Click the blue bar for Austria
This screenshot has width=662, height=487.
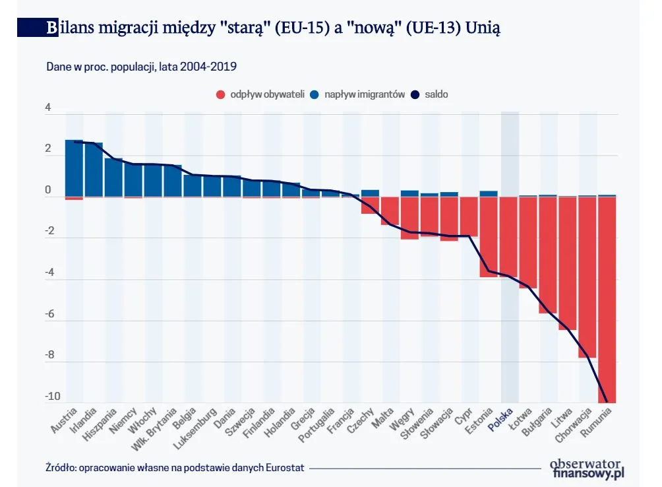click(74, 168)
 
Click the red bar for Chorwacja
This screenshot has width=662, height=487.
click(587, 277)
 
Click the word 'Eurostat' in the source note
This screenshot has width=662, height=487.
click(285, 468)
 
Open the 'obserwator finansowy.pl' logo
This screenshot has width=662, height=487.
click(586, 468)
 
